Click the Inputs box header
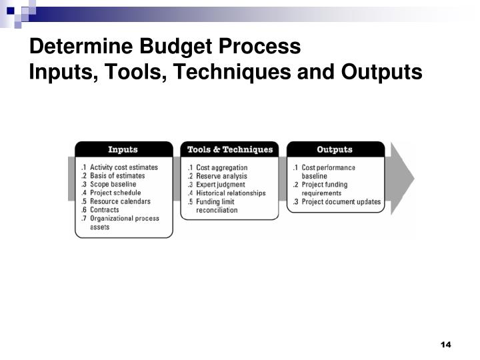point(123,149)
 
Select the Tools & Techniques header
point(230,149)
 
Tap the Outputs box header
point(335,149)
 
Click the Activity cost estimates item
point(124,167)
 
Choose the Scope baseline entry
point(113,185)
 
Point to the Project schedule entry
point(115,193)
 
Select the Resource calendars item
point(120,201)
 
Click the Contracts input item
point(105,210)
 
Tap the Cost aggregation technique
point(221,167)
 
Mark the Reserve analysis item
point(222,176)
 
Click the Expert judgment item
point(221,185)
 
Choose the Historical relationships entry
point(231,193)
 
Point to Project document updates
point(341,201)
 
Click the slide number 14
point(446,344)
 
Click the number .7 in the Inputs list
point(84,218)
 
